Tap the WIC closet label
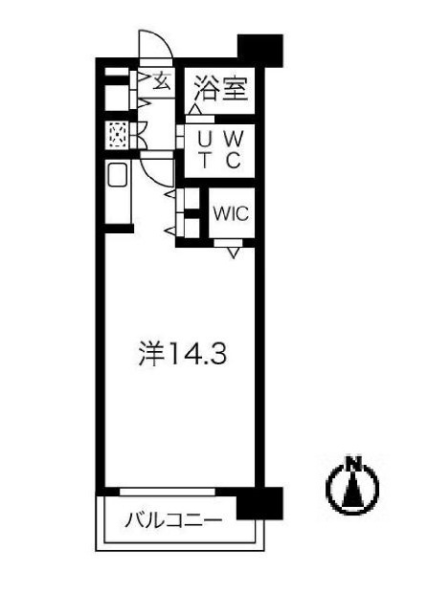tap(230, 213)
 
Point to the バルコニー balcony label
tap(174, 521)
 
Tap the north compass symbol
tap(353, 486)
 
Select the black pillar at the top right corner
tap(259, 49)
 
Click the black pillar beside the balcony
tap(259, 502)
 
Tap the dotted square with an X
tap(118, 136)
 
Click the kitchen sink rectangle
tap(117, 177)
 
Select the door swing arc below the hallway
tap(155, 169)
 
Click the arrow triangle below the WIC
tap(233, 253)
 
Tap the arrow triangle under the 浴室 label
tap(196, 110)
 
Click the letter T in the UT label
tap(204, 160)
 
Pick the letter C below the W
tap(234, 160)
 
